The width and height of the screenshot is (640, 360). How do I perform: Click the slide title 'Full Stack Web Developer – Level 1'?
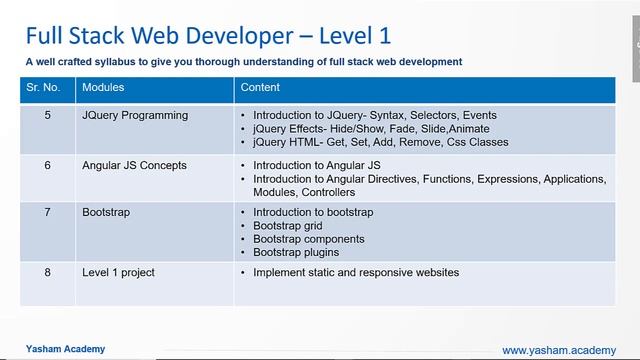pyautogui.click(x=208, y=36)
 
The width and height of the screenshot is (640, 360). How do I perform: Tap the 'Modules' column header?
pyautogui.click(x=103, y=87)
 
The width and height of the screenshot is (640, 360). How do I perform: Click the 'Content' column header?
pyautogui.click(x=259, y=87)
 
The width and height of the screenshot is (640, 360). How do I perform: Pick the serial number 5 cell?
pyautogui.click(x=47, y=116)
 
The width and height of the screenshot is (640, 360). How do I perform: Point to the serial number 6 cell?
pyautogui.click(x=47, y=165)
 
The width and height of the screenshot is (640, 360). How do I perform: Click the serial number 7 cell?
pyautogui.click(x=47, y=213)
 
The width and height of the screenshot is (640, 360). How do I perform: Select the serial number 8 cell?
pyautogui.click(x=47, y=272)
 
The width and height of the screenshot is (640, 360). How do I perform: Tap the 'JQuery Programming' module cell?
pyautogui.click(x=135, y=116)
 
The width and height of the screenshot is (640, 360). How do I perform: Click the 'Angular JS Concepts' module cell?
pyautogui.click(x=134, y=165)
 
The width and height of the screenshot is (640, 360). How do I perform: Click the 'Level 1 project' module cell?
pyautogui.click(x=118, y=272)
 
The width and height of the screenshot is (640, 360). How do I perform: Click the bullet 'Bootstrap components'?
pyautogui.click(x=308, y=239)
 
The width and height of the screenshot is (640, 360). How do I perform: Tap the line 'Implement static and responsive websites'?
pyautogui.click(x=356, y=272)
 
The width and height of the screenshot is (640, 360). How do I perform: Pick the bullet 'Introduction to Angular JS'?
pyautogui.click(x=317, y=165)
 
